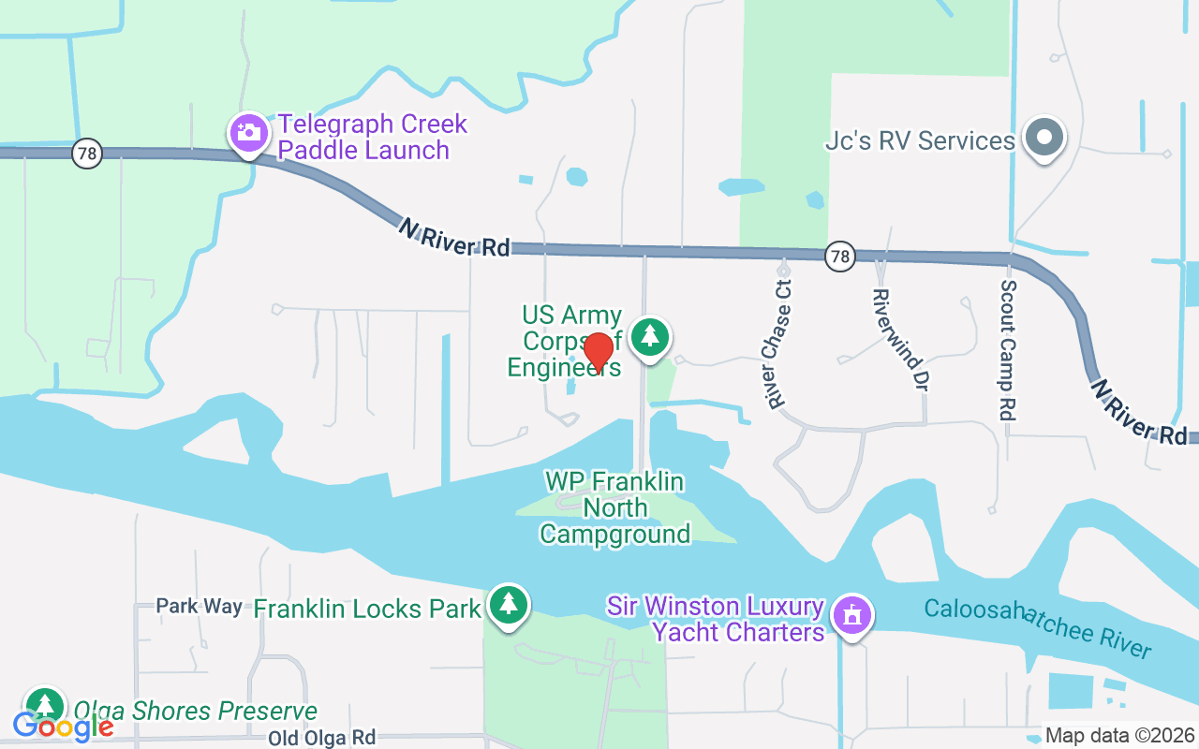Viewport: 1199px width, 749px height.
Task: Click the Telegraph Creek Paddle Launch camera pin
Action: click(248, 133)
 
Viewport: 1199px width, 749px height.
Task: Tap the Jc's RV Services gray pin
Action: click(1044, 138)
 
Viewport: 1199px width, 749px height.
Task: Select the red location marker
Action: click(598, 352)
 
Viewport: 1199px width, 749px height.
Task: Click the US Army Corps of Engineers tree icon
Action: click(649, 335)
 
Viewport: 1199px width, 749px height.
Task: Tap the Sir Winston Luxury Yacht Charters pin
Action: click(852, 616)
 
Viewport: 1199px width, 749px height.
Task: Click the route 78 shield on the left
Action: click(86, 154)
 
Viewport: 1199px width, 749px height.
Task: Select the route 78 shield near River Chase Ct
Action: click(840, 256)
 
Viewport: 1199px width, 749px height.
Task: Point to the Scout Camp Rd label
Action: click(1009, 350)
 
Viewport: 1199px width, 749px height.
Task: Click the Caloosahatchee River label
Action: click(1037, 628)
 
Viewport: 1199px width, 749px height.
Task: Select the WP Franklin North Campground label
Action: click(615, 507)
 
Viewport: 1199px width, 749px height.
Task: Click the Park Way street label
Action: click(199, 607)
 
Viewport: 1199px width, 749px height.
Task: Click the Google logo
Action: click(63, 726)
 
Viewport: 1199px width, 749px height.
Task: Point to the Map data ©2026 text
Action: click(1120, 736)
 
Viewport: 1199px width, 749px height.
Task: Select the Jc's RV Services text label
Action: click(920, 140)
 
